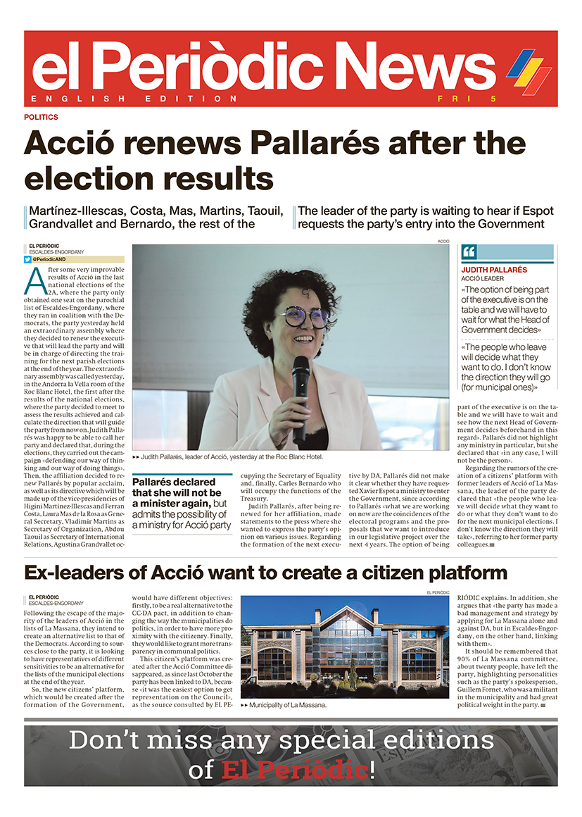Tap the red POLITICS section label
[x=41, y=117]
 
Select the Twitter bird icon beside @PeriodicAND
[x=28, y=259]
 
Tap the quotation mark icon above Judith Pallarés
[x=469, y=251]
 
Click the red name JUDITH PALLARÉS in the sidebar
[x=494, y=270]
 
